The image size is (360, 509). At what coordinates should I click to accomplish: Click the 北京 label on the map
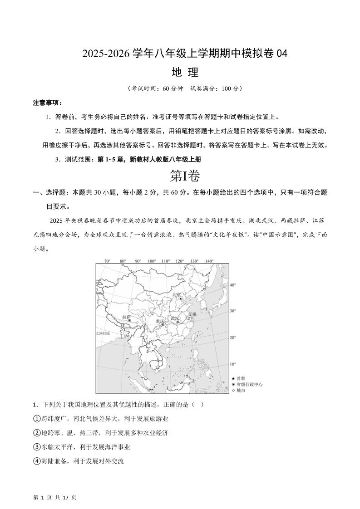tap(177, 295)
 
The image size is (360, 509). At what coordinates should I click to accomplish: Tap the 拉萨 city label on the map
tap(126, 317)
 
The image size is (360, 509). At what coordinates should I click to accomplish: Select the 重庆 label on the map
tap(159, 321)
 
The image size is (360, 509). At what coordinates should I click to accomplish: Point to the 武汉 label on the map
tap(174, 318)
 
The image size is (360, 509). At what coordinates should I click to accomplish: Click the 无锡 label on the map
tap(192, 314)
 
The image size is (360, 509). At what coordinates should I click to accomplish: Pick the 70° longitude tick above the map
tap(108, 261)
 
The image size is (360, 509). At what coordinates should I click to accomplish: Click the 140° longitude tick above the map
tap(209, 261)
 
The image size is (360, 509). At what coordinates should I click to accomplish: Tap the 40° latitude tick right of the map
tap(233, 285)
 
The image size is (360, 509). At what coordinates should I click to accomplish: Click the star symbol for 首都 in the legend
tap(233, 378)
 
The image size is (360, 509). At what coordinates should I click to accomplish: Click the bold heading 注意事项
tap(48, 103)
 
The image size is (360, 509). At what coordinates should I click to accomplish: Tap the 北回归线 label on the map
tap(103, 333)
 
